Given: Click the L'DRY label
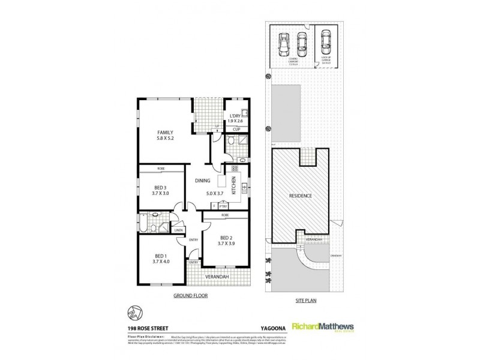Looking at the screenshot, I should [234, 116].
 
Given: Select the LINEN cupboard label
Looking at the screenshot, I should [178, 230].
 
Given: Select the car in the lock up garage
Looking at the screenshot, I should [325, 42].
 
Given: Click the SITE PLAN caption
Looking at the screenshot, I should [306, 296].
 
